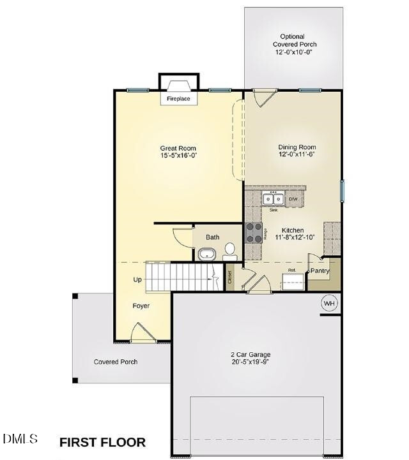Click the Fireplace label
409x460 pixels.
tap(179, 100)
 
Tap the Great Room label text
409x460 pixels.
tap(178, 148)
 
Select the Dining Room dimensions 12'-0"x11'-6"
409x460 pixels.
tap(297, 155)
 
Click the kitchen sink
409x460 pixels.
tap(273, 198)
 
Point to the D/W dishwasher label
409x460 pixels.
tap(293, 200)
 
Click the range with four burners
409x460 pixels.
tap(254, 232)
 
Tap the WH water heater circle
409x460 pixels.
tap(329, 303)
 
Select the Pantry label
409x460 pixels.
tap(320, 271)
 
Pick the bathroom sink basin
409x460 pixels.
tap(207, 255)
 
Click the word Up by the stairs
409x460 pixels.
tap(137, 279)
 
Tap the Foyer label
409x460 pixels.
tap(141, 306)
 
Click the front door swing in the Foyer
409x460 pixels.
tap(142, 333)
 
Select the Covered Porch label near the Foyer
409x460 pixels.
tap(116, 362)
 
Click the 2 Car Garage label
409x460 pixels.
tap(251, 355)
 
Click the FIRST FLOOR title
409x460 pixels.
tap(102, 441)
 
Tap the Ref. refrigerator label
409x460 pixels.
tap(291, 271)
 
